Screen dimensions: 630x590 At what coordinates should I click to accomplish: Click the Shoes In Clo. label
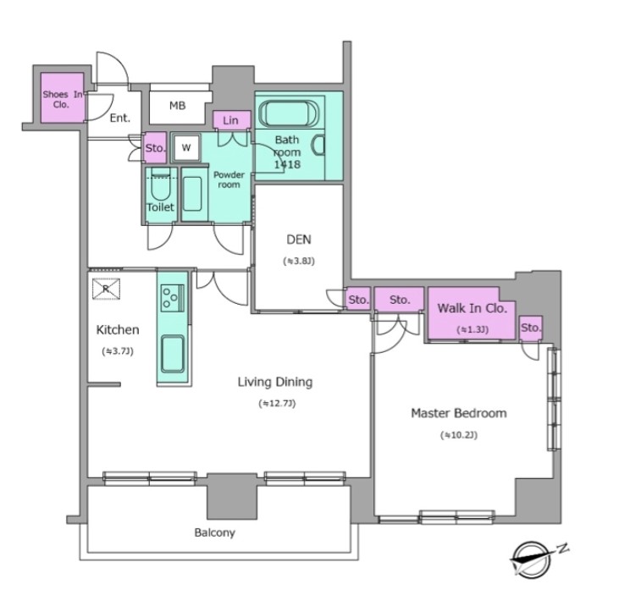[x=63, y=99]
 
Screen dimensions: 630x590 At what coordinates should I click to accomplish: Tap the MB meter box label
[x=177, y=106]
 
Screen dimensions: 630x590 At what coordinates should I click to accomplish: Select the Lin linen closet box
[x=231, y=119]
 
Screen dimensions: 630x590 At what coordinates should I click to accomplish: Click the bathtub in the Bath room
[x=289, y=113]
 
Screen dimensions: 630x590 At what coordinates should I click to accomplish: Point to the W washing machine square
[x=186, y=147]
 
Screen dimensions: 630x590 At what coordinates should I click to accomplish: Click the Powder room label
[x=229, y=179]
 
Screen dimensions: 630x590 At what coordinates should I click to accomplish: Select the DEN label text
[x=299, y=240]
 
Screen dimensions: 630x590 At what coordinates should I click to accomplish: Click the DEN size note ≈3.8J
[x=299, y=261]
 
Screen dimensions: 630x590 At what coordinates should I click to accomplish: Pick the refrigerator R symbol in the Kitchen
[x=106, y=289]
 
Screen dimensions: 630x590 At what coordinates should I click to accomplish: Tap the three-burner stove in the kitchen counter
[x=173, y=298]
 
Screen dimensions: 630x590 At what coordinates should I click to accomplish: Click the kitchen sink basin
[x=173, y=354]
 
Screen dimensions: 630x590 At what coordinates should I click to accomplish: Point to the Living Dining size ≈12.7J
[x=277, y=403]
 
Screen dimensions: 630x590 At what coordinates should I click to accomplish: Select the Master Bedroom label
[x=459, y=413]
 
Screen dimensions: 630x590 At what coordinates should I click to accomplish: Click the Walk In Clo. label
[x=472, y=308]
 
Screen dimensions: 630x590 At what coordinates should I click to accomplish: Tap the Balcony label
[x=214, y=532]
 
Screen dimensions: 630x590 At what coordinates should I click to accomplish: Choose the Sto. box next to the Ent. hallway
[x=155, y=148]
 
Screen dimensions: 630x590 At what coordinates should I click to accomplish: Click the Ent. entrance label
[x=119, y=118]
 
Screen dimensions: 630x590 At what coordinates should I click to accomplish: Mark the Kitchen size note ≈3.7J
[x=118, y=351]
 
